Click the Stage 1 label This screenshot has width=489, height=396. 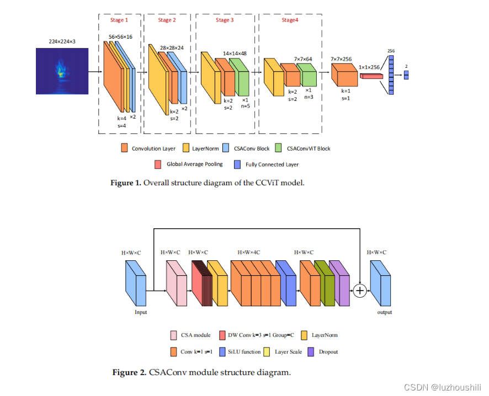coord(119,20)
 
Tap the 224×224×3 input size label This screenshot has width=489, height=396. coord(62,41)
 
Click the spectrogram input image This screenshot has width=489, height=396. coord(62,71)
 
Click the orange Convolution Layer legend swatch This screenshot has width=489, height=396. coord(125,148)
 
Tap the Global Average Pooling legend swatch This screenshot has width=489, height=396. coord(159,164)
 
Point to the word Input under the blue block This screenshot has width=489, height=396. coord(141,312)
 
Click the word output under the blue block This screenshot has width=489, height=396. coord(384,312)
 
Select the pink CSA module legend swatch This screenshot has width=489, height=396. coord(174,335)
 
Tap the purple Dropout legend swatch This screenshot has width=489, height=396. coord(310,351)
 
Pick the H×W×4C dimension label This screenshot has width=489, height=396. coord(249,252)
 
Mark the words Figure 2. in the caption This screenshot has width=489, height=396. coord(129,372)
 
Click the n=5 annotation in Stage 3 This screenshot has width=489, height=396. coord(245,106)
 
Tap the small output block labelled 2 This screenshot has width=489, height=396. coord(406,75)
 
